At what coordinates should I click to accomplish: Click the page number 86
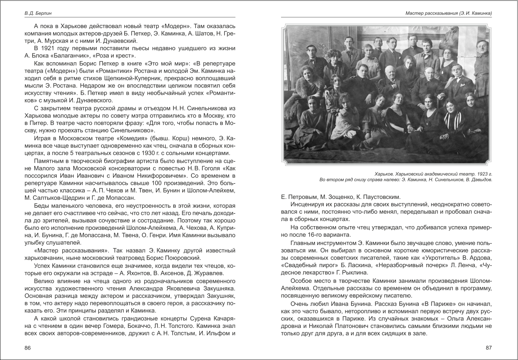[27, 348]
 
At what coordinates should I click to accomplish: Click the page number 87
[489, 348]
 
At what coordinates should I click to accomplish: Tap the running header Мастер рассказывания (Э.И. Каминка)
[448, 13]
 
